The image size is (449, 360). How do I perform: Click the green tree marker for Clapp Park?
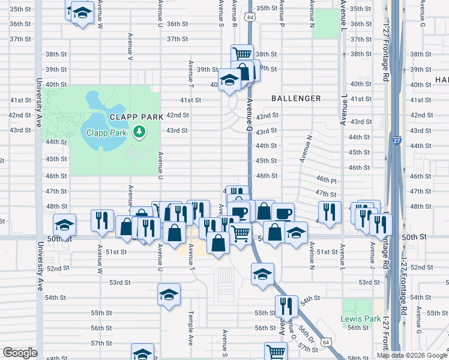[139, 131]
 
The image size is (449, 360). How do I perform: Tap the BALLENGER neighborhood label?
[296, 98]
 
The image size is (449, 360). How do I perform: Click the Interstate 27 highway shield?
[415, 144]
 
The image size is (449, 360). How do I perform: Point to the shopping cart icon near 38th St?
[242, 54]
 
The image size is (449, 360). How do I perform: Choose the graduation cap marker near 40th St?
[229, 79]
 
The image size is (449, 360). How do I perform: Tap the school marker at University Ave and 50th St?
[64, 226]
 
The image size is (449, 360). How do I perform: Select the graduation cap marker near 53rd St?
[262, 274]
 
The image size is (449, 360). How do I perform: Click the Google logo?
[20, 353]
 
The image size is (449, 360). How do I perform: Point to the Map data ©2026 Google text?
[412, 355]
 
